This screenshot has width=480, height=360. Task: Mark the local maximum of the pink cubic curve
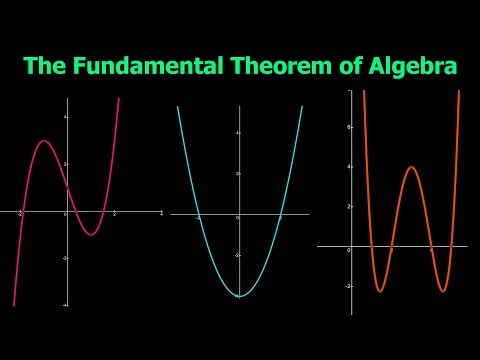45,141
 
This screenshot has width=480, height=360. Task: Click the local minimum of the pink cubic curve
91,234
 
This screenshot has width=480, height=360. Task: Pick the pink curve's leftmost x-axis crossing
22,212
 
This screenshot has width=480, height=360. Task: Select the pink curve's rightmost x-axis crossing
105,212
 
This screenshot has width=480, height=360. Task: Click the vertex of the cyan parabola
240,296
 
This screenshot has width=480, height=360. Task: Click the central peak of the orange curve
411,167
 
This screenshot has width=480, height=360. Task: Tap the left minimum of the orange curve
380,291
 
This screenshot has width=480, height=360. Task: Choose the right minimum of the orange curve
442,291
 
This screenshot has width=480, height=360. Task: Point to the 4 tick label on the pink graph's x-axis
161,215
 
